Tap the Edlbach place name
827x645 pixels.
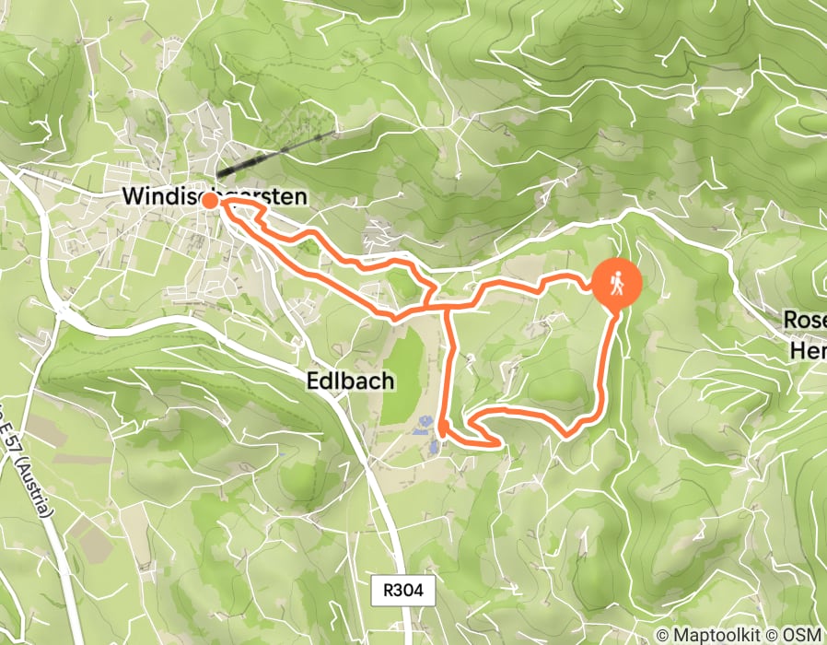[350, 380]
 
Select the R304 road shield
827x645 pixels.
[406, 591]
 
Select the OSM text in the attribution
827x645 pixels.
[805, 635]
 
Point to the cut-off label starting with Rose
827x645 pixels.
[805, 321]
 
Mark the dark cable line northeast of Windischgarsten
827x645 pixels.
[276, 152]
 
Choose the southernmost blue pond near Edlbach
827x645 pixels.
[432, 448]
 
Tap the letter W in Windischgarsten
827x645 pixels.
[132, 196]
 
